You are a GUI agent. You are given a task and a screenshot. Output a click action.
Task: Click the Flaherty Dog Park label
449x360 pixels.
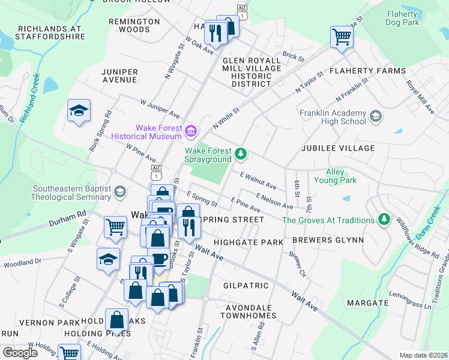(411, 17)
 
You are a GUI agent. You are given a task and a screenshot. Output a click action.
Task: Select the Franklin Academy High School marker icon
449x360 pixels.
(376, 116)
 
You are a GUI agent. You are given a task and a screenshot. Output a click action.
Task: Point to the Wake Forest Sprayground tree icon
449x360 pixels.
(241, 154)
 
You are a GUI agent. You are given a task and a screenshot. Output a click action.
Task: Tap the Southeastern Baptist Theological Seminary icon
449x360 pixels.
(120, 192)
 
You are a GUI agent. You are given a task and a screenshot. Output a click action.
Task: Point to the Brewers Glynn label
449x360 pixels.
(328, 240)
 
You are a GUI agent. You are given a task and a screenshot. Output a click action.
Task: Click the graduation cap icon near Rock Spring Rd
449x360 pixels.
(79, 111)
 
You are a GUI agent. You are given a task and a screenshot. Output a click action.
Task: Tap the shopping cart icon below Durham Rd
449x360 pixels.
(115, 226)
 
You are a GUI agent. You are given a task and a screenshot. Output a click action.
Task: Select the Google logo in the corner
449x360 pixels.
(19, 352)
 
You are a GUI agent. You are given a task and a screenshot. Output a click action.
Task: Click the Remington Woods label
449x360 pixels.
(134, 25)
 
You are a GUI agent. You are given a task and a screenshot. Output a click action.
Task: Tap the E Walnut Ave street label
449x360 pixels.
(258, 181)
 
